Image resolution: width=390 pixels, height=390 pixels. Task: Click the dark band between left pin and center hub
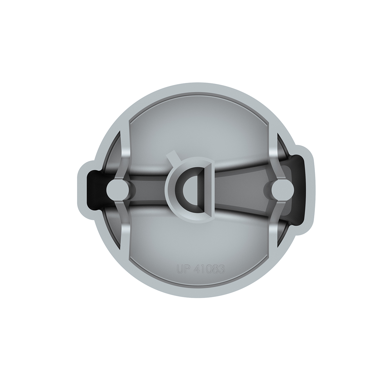tap(146, 188)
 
